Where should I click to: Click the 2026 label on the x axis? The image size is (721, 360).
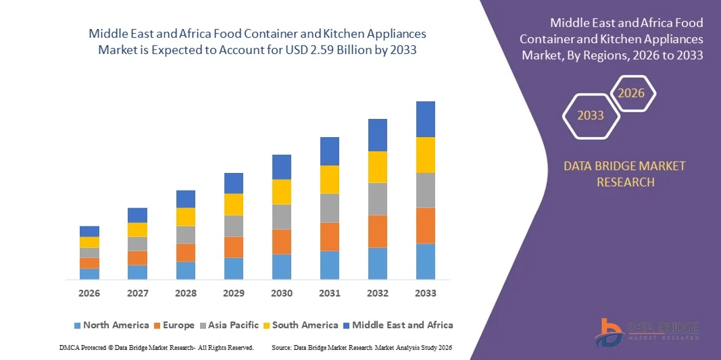pyautogui.click(x=89, y=293)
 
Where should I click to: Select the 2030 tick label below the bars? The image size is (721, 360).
pyautogui.click(x=282, y=293)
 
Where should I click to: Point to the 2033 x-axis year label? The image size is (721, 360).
pyautogui.click(x=426, y=293)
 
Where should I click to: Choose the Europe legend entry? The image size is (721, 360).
pyautogui.click(x=173, y=325)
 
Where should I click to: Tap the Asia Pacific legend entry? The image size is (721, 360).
pyautogui.click(x=228, y=325)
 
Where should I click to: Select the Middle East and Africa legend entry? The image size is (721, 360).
pyautogui.click(x=397, y=325)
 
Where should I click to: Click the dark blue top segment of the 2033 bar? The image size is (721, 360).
pyautogui.click(x=426, y=119)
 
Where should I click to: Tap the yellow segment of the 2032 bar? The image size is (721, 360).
pyautogui.click(x=378, y=167)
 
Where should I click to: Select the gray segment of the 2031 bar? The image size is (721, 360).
pyautogui.click(x=330, y=208)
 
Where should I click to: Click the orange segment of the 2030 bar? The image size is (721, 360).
pyautogui.click(x=282, y=241)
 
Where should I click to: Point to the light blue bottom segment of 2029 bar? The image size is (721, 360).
pyautogui.click(x=234, y=268)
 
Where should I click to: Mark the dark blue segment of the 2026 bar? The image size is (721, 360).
pyautogui.click(x=89, y=231)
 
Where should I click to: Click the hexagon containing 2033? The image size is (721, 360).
pyautogui.click(x=591, y=115)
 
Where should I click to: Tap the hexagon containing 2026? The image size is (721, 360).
pyautogui.click(x=632, y=93)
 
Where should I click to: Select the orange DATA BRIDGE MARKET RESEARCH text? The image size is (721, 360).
pyautogui.click(x=625, y=174)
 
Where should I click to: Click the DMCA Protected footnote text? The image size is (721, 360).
pyautogui.click(x=156, y=347)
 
